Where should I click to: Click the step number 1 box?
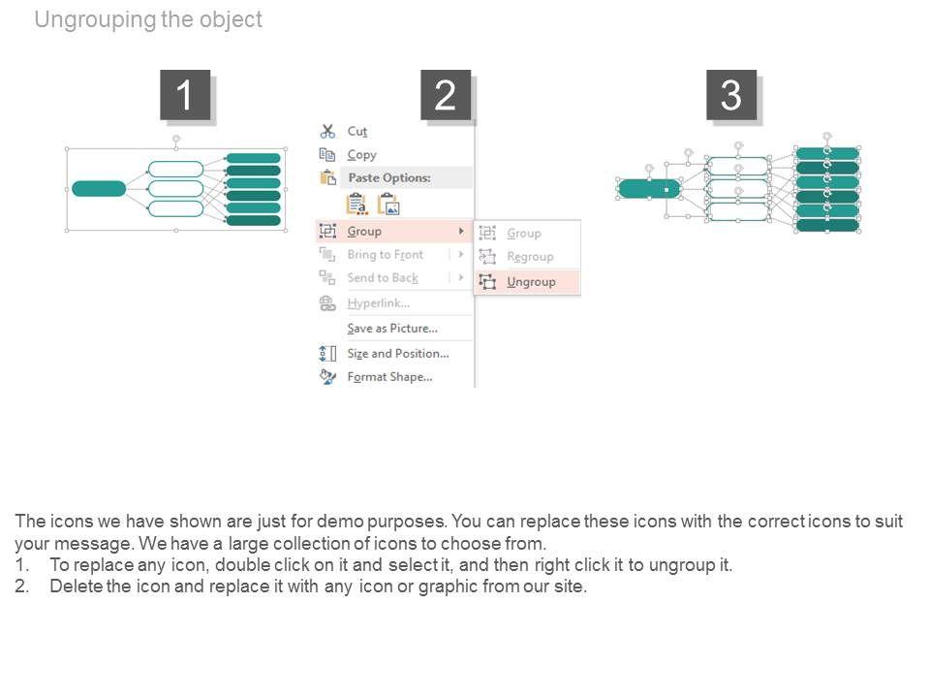click(184, 95)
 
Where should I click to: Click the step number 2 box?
click(445, 95)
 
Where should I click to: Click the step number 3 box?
click(730, 95)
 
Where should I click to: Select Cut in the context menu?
click(356, 131)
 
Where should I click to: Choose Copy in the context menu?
click(361, 155)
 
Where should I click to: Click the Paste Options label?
click(388, 178)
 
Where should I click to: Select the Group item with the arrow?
click(364, 231)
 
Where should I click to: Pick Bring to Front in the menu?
click(385, 255)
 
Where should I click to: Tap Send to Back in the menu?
click(383, 278)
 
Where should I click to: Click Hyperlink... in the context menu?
click(378, 303)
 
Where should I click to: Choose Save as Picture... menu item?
click(391, 329)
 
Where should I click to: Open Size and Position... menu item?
click(397, 354)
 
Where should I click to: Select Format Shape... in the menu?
click(389, 377)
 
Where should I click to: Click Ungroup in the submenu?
click(531, 282)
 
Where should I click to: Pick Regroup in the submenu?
click(530, 257)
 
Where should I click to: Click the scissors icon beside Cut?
click(327, 131)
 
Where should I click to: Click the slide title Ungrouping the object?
click(148, 19)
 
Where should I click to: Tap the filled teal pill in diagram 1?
click(99, 188)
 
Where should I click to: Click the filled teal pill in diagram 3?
click(648, 189)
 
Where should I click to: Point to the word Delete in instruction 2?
click(76, 587)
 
